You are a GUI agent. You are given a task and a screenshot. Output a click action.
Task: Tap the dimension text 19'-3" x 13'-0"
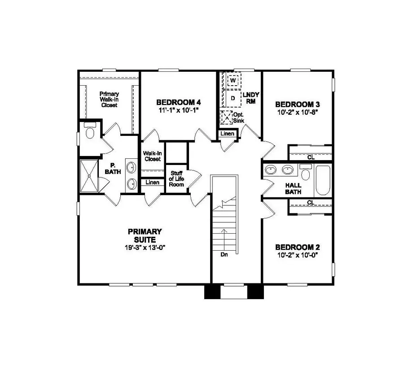coord(145,247)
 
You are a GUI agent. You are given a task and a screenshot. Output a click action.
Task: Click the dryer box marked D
coord(233,98)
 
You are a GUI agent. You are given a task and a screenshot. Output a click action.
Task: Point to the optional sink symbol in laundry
coord(225,117)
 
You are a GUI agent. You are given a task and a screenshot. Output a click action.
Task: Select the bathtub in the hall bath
coord(322,181)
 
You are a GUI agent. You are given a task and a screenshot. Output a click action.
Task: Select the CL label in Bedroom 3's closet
coord(310,157)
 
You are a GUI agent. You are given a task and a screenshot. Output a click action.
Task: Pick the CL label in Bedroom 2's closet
coord(310,203)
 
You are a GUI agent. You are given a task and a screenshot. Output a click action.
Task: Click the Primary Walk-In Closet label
coord(109,99)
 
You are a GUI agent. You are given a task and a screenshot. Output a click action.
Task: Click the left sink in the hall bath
coord(271,170)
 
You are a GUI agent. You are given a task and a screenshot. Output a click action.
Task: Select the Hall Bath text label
coord(293,188)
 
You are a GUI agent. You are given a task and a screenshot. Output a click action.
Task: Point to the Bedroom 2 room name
coord(297,248)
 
